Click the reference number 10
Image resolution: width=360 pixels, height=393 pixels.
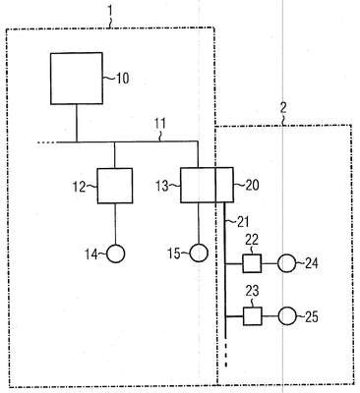[x=123, y=79]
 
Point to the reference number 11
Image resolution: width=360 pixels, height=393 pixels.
[x=160, y=124]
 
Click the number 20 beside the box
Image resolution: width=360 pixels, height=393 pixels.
[x=252, y=186]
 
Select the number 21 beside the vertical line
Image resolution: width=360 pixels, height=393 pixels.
[x=243, y=222]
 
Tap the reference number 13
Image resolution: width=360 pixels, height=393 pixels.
[x=162, y=186]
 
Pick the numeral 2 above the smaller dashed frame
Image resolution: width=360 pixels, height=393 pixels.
[x=283, y=107]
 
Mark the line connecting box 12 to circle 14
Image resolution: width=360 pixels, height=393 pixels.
[x=115, y=224]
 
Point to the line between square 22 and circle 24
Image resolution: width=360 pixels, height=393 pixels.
[x=270, y=263]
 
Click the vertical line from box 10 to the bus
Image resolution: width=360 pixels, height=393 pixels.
[x=77, y=123]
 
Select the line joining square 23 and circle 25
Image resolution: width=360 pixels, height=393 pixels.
[x=270, y=316]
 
